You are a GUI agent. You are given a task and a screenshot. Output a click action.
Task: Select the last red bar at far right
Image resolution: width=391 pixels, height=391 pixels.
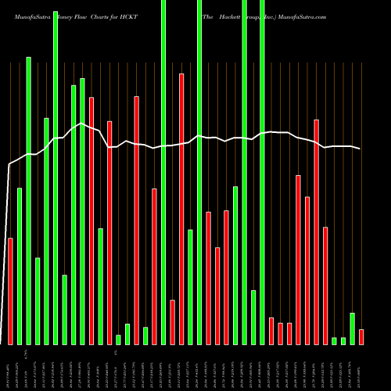(361, 336)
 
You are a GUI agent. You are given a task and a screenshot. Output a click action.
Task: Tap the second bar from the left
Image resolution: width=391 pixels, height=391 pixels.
(20, 266)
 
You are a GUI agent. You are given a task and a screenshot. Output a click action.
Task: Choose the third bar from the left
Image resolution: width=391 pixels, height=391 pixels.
(29, 200)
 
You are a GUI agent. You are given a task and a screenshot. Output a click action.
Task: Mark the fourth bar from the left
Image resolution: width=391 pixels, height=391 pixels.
(38, 301)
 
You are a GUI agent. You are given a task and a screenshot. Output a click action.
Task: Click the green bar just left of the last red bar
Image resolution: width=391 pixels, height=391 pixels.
(352, 328)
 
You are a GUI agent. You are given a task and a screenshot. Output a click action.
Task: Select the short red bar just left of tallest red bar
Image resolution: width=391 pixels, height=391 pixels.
(172, 321)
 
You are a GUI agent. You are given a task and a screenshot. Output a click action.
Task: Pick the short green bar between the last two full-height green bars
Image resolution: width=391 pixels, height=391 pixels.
(253, 317)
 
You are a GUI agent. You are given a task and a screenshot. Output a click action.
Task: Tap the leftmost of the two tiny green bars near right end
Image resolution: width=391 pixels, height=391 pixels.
(334, 340)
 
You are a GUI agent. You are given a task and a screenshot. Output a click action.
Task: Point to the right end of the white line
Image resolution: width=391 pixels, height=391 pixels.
(361, 149)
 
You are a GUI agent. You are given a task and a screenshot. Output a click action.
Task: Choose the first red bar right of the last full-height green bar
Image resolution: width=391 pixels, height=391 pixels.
(271, 331)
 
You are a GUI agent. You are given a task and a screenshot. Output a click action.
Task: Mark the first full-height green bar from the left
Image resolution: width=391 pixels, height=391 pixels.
(56, 172)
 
